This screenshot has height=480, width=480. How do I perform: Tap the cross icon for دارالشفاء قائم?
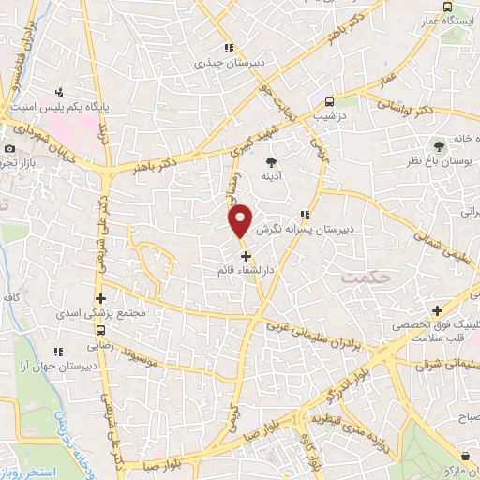[246, 256]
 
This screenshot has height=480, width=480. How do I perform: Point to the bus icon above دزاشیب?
[329, 103]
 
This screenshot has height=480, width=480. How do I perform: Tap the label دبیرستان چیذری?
[224, 64]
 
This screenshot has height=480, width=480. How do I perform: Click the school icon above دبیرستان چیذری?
[228, 49]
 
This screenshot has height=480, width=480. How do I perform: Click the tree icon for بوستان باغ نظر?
[437, 146]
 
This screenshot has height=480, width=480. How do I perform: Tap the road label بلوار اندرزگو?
[345, 380]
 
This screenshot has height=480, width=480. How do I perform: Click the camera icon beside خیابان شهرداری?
[10, 149]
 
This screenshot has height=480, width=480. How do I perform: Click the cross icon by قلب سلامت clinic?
[437, 310]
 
